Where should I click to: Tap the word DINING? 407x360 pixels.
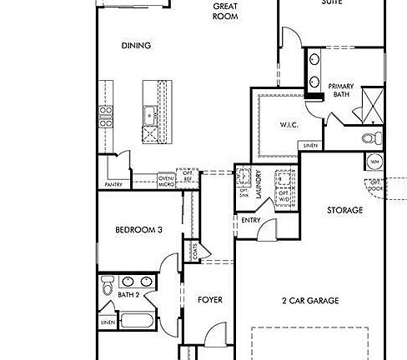[135, 46]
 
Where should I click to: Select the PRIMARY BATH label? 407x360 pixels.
[341, 90]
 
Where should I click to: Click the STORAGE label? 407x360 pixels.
[344, 210]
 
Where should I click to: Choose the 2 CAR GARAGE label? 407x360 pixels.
[310, 302]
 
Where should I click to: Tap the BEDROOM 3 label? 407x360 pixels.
[138, 231]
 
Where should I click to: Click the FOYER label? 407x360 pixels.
[209, 299]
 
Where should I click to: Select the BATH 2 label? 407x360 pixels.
[128, 295]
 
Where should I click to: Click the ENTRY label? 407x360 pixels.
[250, 220]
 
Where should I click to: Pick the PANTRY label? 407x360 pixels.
[113, 184]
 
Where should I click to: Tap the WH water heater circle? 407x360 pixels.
[374, 162]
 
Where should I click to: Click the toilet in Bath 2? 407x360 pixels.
[107, 288]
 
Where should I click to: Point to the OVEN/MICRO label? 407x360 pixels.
[166, 180]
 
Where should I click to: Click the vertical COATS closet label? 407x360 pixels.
[193, 250]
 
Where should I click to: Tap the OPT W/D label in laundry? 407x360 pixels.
[285, 198]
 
